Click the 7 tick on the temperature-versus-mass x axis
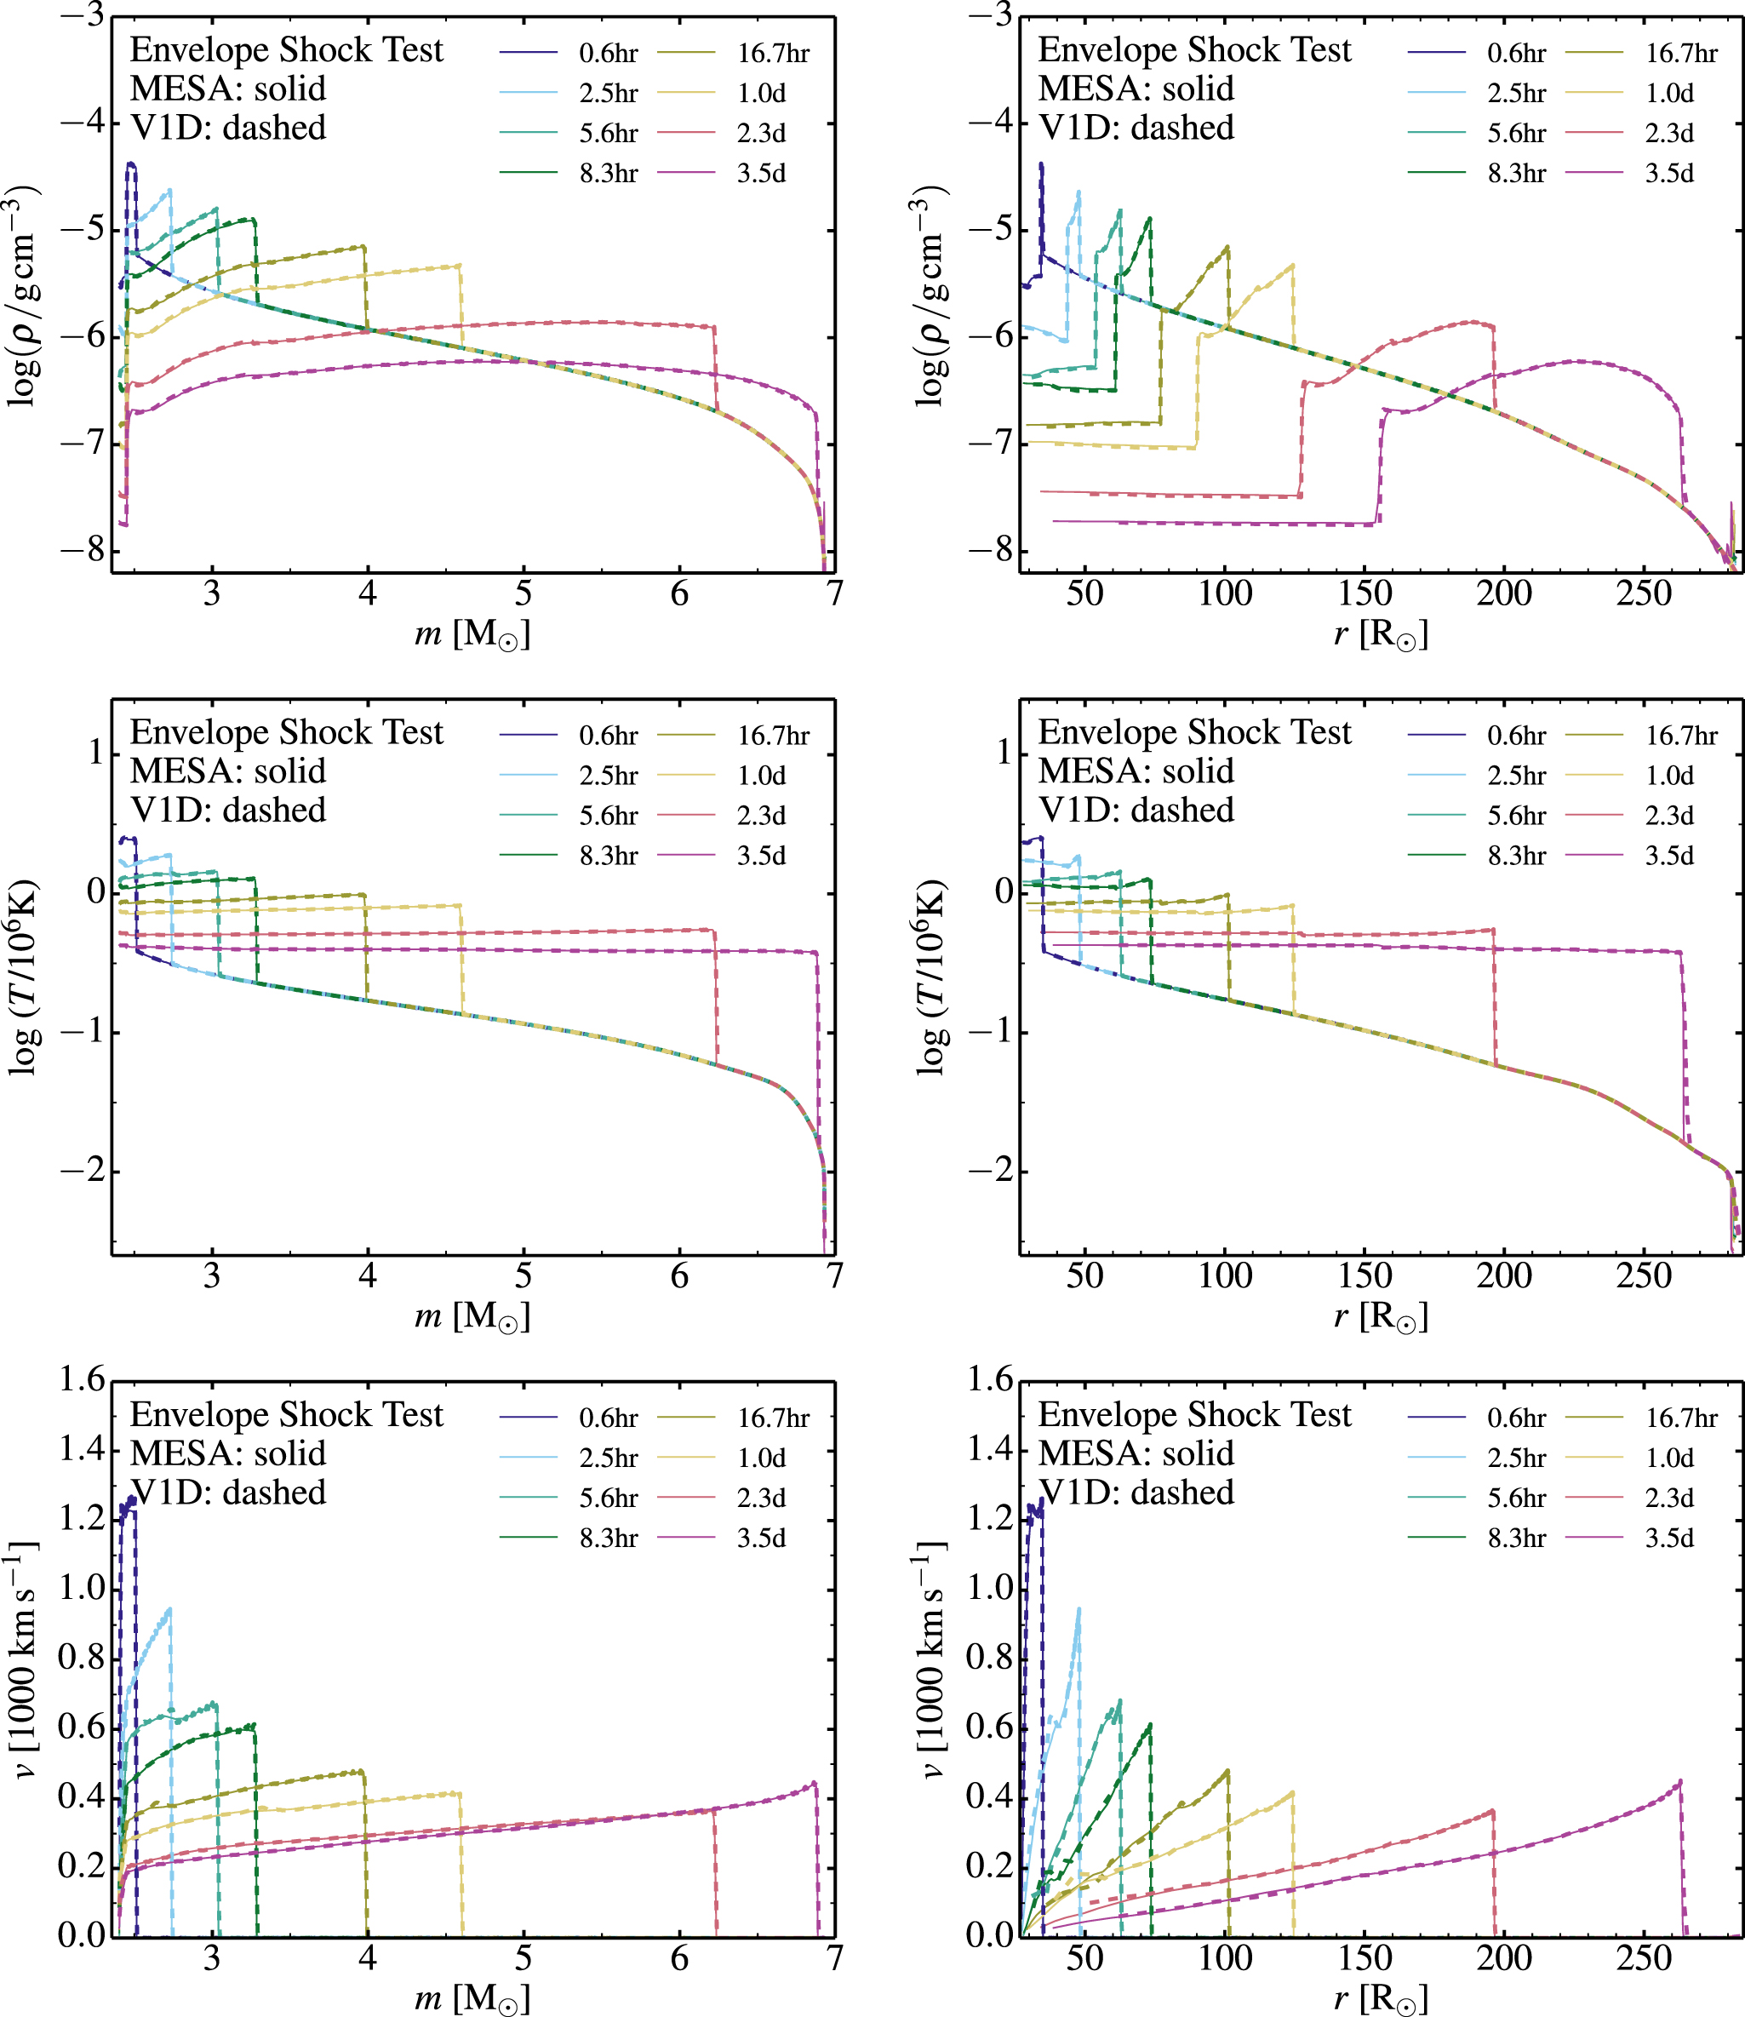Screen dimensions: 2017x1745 pos(834,1275)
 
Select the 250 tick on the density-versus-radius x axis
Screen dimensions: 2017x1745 pos(1644,593)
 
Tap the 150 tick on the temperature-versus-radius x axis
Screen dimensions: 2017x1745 pos(1365,1275)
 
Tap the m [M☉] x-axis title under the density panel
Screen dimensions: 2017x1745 pos(472,634)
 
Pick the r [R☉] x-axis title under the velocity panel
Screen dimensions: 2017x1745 pos(1380,1997)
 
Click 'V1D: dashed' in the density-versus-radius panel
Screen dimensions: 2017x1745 pos(1136,128)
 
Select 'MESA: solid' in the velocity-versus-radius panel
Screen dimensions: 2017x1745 pos(1136,1454)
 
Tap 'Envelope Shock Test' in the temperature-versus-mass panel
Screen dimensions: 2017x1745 pos(286,732)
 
